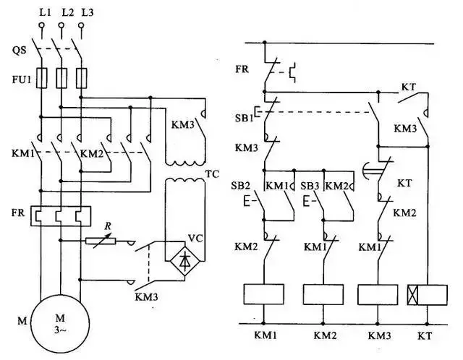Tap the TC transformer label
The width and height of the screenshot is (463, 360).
212,175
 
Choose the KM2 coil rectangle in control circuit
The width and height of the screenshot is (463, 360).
323,293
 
